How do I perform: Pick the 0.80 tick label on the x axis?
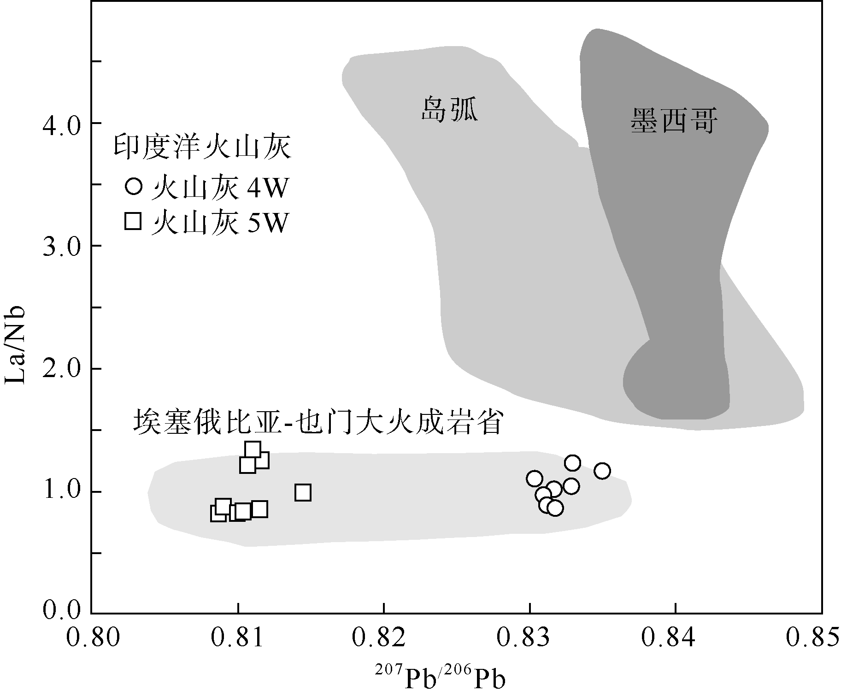[x=94, y=638]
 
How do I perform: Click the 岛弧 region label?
[x=450, y=110]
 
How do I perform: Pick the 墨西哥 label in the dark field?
[x=674, y=121]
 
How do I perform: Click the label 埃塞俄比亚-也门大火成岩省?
[x=318, y=422]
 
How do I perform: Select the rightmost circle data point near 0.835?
[x=602, y=471]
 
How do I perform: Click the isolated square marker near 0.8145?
[x=303, y=492]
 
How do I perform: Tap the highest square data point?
[x=253, y=449]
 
